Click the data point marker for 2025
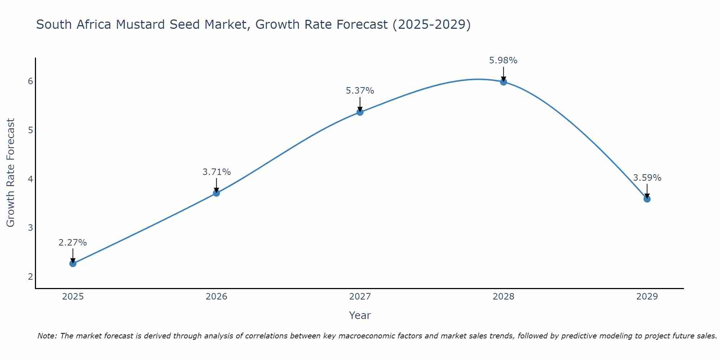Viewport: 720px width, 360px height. pos(73,264)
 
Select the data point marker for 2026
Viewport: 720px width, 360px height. pos(216,193)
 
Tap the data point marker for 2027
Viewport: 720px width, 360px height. pos(360,112)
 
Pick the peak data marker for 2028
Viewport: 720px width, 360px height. pos(503,82)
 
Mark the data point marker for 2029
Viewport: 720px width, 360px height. pos(647,199)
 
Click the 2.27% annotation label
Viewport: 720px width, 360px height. pos(73,243)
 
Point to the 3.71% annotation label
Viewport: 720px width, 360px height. pos(216,172)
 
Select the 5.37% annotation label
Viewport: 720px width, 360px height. pos(360,91)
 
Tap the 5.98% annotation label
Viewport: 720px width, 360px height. pos(503,60)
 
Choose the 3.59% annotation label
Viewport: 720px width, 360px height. pos(647,178)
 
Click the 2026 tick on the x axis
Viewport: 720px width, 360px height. pos(216,297)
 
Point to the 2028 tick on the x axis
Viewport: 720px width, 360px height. pos(503,297)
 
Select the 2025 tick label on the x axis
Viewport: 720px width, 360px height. pos(73,297)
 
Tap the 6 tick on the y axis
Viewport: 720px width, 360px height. pos(30,81)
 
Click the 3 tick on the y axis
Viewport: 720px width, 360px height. pos(30,228)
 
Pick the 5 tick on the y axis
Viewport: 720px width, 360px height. pos(30,130)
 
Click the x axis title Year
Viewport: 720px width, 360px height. pos(360,315)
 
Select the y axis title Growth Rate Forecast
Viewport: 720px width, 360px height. pos(11,173)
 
